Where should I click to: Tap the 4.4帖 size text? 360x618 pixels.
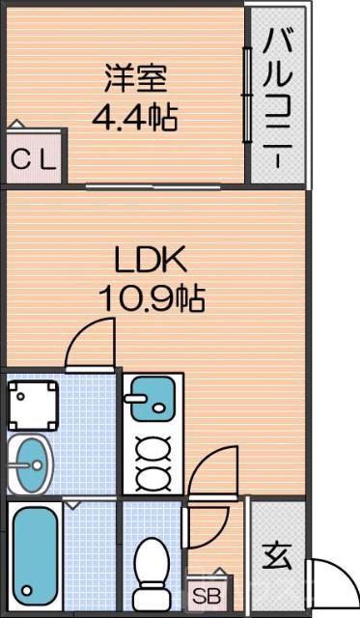click(134, 119)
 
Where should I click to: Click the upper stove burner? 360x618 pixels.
click(152, 448)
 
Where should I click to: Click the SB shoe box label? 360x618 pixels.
click(206, 596)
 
